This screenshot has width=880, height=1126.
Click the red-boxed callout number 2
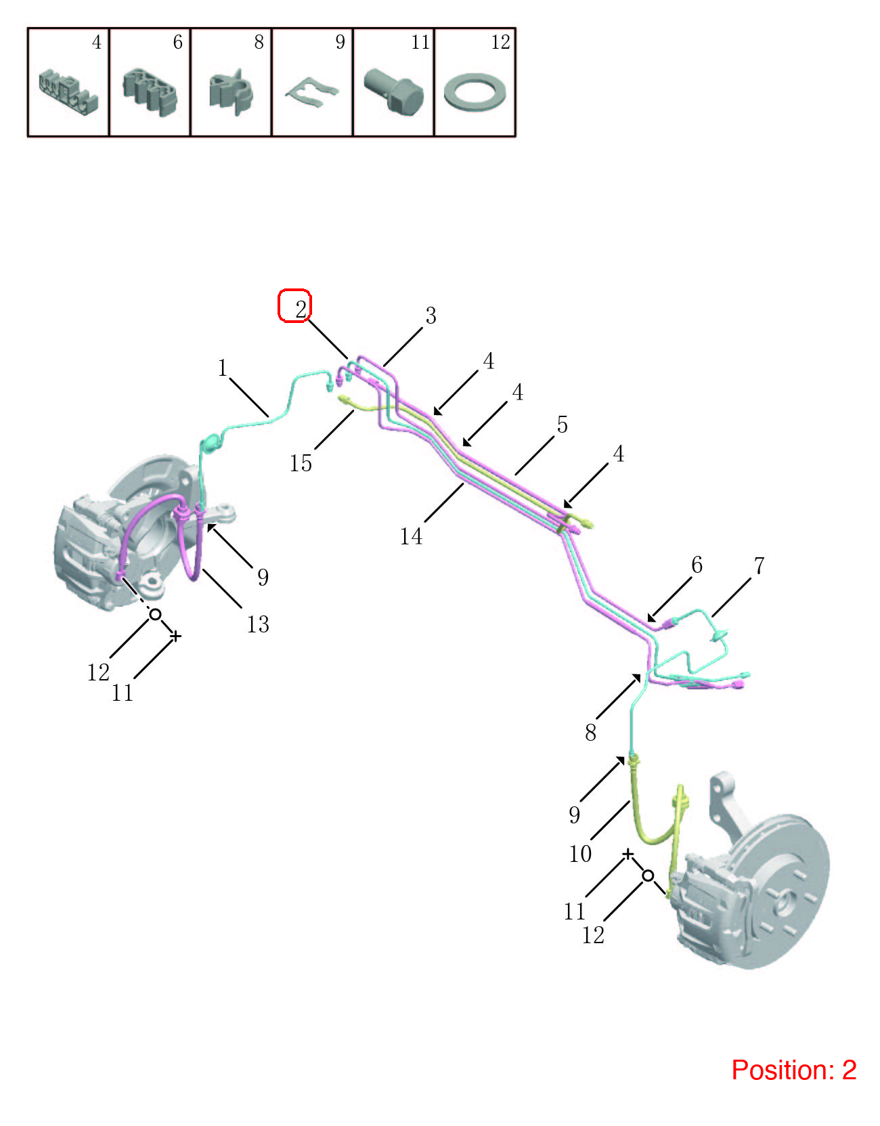301,309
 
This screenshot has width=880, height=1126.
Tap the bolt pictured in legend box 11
394,92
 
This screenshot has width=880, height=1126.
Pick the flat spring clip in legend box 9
312,92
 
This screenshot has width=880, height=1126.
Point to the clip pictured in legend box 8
231,92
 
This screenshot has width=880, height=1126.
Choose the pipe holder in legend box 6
150,92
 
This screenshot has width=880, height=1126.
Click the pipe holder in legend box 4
68,92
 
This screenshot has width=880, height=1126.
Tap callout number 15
301,463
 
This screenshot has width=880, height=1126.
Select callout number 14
411,536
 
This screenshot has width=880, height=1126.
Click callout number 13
257,624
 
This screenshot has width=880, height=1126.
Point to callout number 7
759,566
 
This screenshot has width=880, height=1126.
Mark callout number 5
562,425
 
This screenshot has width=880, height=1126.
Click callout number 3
431,316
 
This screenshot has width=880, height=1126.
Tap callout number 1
222,368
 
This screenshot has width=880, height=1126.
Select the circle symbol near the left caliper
155,615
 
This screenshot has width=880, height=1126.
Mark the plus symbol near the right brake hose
628,854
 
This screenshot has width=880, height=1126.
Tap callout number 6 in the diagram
697,565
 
